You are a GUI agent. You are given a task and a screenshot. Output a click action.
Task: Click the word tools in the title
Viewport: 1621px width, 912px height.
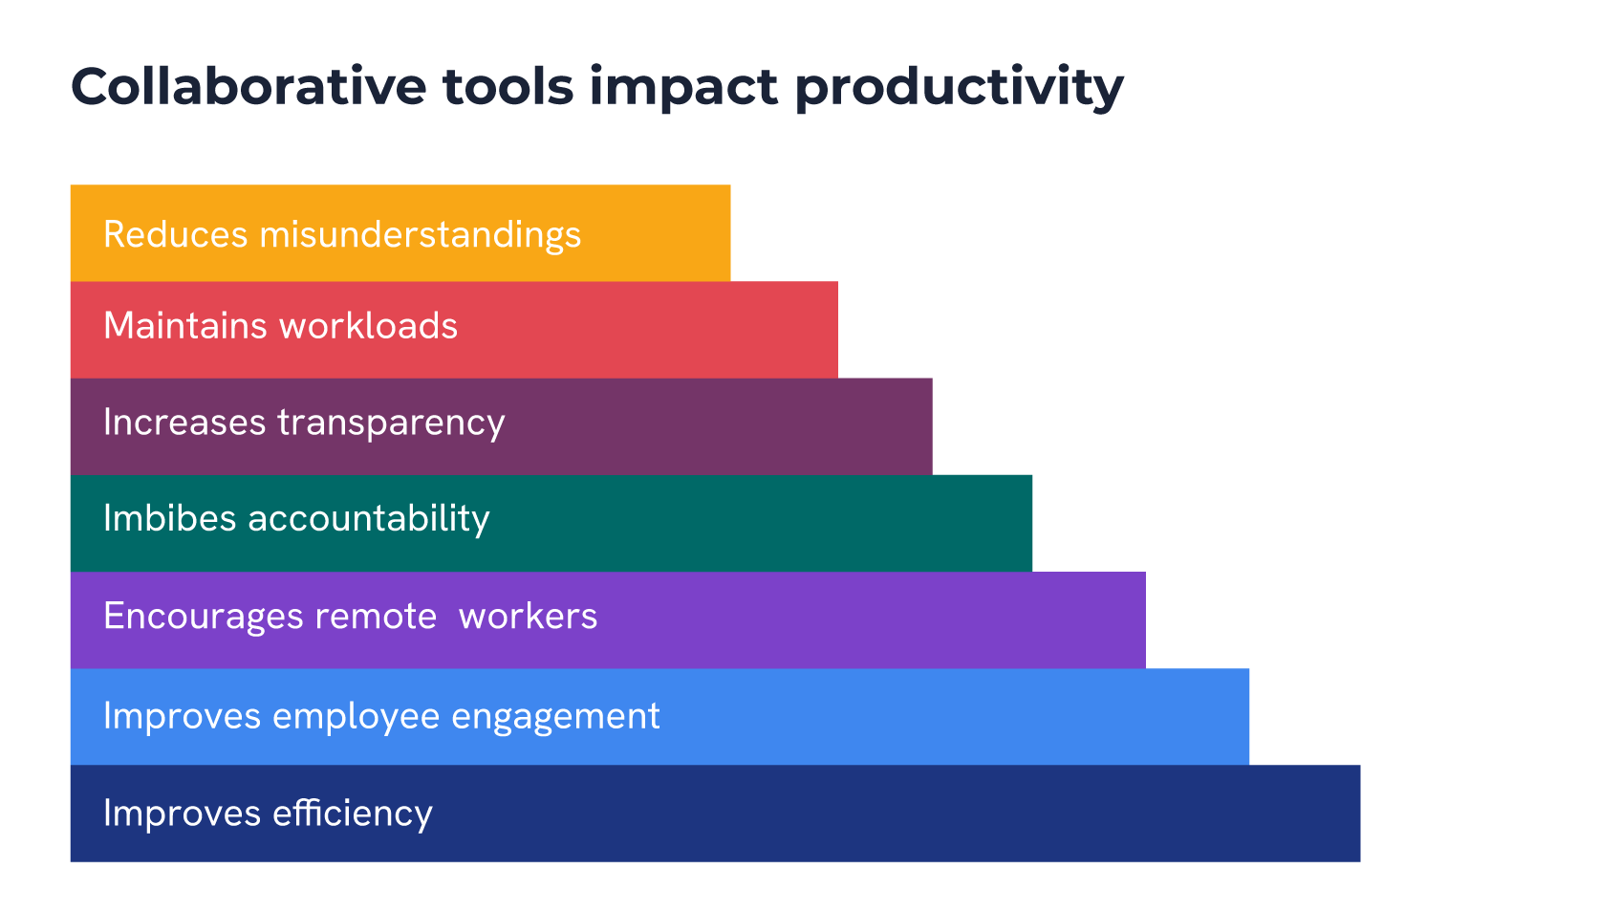pyautogui.click(x=508, y=87)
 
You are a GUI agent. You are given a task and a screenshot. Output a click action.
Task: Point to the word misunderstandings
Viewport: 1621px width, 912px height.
pyautogui.click(x=420, y=235)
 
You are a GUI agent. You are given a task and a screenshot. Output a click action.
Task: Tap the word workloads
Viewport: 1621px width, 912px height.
pyautogui.click(x=369, y=326)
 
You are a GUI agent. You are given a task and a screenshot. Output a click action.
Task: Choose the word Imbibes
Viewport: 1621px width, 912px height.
pyautogui.click(x=169, y=518)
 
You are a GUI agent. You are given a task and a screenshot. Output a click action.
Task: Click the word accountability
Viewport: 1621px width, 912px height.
pyautogui.click(x=369, y=519)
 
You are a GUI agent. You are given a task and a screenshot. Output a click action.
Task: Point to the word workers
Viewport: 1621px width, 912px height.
pyautogui.click(x=528, y=617)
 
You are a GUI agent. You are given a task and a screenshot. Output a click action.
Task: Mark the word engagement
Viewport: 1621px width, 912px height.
pyautogui.click(x=555, y=717)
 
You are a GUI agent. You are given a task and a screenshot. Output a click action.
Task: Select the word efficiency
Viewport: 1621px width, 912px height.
pyautogui.click(x=353, y=814)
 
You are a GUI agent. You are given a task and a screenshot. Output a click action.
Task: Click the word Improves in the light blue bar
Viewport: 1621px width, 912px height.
pyautogui.click(x=182, y=717)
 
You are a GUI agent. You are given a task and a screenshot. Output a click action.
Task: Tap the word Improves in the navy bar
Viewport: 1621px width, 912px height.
pyautogui.click(x=182, y=814)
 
